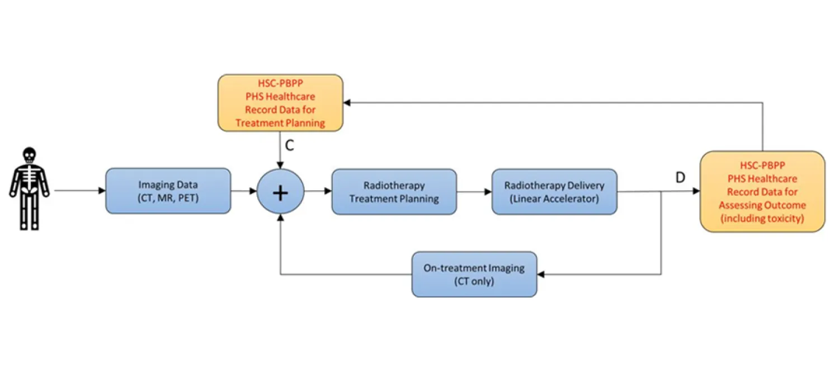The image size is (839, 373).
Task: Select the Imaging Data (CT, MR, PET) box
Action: pyautogui.click(x=168, y=191)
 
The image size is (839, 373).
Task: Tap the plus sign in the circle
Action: pyautogui.click(x=280, y=192)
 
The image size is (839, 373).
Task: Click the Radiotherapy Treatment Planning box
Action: pyautogui.click(x=394, y=192)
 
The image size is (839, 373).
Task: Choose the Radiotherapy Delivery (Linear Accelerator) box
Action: pyautogui.click(x=554, y=192)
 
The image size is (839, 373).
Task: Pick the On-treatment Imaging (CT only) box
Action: pyautogui.click(x=474, y=274)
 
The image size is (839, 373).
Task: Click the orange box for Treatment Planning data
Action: pyautogui.click(x=280, y=103)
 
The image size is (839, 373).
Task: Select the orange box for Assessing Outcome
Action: pyautogui.click(x=762, y=191)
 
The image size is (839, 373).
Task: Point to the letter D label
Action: pyautogui.click(x=680, y=178)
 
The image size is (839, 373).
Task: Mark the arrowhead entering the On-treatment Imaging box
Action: pyautogui.click(x=541, y=274)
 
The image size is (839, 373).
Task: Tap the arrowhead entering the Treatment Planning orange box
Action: pyautogui.click(x=347, y=102)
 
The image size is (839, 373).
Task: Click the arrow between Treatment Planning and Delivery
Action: pyautogui.click(x=474, y=192)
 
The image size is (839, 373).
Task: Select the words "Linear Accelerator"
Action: pyautogui.click(x=554, y=199)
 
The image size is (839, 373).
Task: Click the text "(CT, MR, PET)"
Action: pyautogui.click(x=168, y=197)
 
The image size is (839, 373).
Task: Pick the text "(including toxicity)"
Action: pyautogui.click(x=762, y=219)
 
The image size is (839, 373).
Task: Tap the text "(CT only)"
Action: pyautogui.click(x=474, y=281)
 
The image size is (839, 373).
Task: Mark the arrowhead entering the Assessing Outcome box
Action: pyautogui.click(x=696, y=191)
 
